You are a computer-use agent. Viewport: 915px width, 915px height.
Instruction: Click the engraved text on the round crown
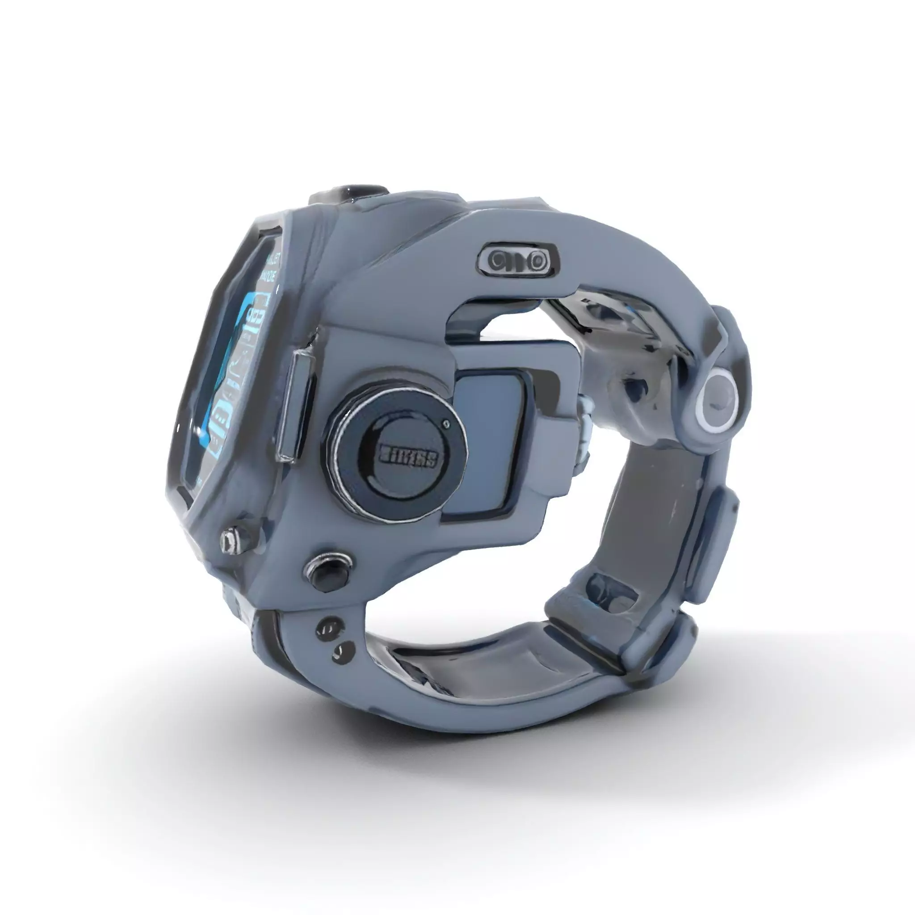point(408,457)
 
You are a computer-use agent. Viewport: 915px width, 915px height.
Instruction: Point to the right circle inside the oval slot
point(536,260)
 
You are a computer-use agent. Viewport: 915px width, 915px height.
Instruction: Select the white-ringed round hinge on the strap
point(718,401)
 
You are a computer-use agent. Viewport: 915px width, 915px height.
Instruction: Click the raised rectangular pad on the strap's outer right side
point(715,545)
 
